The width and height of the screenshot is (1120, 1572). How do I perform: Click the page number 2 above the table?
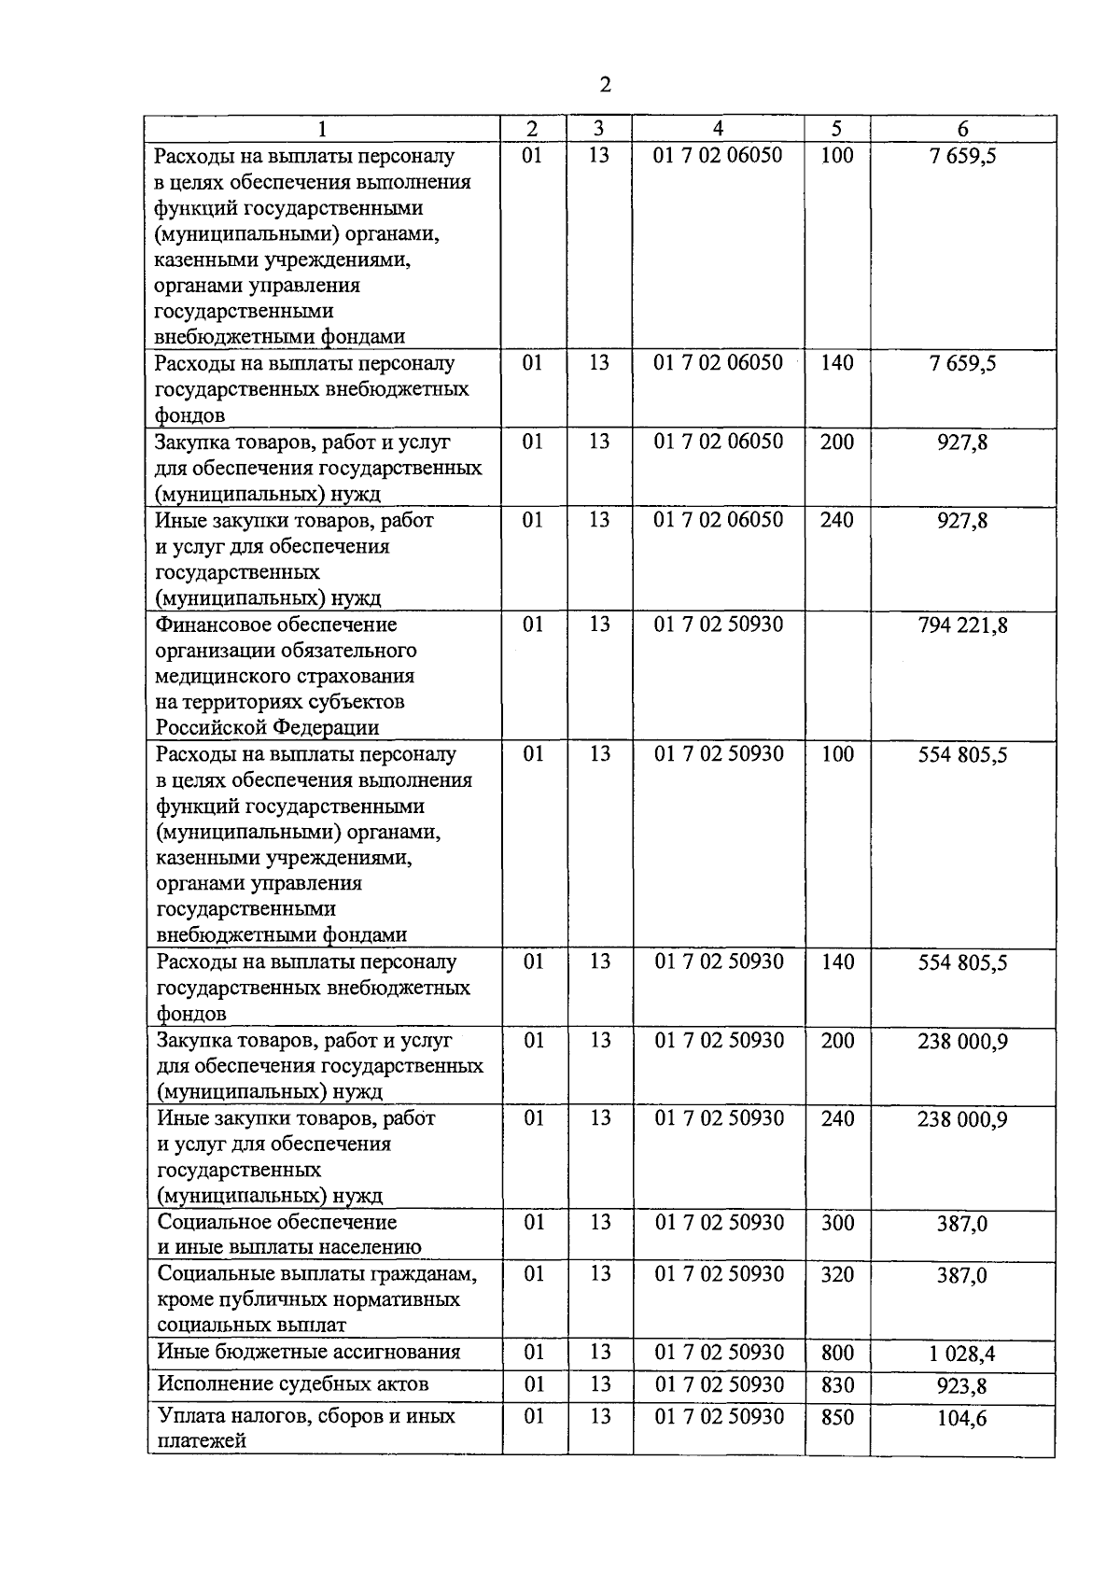click(605, 85)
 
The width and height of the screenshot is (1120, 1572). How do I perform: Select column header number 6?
click(962, 130)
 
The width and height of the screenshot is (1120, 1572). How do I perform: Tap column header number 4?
click(718, 129)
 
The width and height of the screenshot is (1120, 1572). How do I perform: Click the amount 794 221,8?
click(962, 625)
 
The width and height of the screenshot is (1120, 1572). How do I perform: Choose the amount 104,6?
click(962, 1418)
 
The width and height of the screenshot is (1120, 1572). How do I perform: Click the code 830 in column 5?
click(837, 1385)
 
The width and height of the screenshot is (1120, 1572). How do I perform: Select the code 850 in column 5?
click(837, 1417)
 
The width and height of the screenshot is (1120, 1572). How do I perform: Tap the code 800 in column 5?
click(837, 1353)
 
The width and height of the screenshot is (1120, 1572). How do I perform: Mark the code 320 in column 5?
click(837, 1274)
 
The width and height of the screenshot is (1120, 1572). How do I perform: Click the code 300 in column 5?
click(837, 1223)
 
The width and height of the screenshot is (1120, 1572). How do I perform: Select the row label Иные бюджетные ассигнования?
click(309, 1353)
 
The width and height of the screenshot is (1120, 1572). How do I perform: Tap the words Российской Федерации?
click(267, 727)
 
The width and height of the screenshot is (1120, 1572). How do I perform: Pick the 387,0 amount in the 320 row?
click(962, 1275)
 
